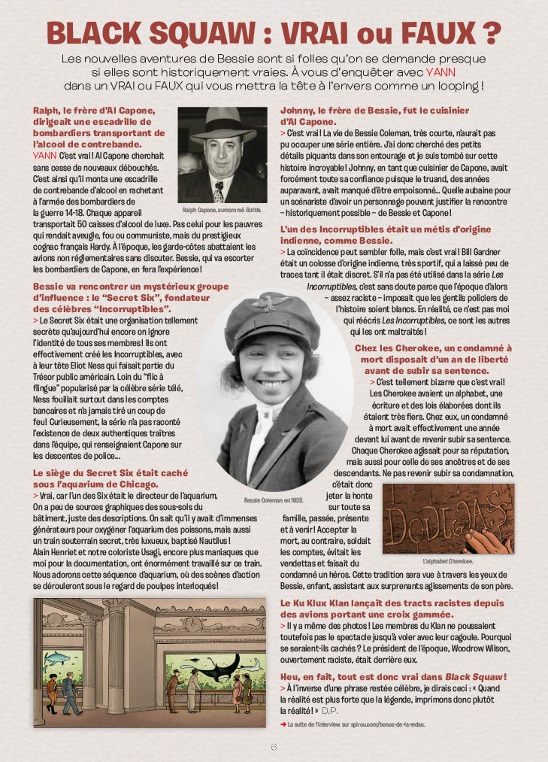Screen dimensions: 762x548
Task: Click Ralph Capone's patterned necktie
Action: [x=219, y=190]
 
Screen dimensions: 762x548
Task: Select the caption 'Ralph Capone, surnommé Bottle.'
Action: [x=222, y=210]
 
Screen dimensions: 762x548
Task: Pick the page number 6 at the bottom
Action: [x=274, y=747]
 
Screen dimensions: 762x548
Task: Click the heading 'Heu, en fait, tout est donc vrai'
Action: [x=393, y=677]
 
